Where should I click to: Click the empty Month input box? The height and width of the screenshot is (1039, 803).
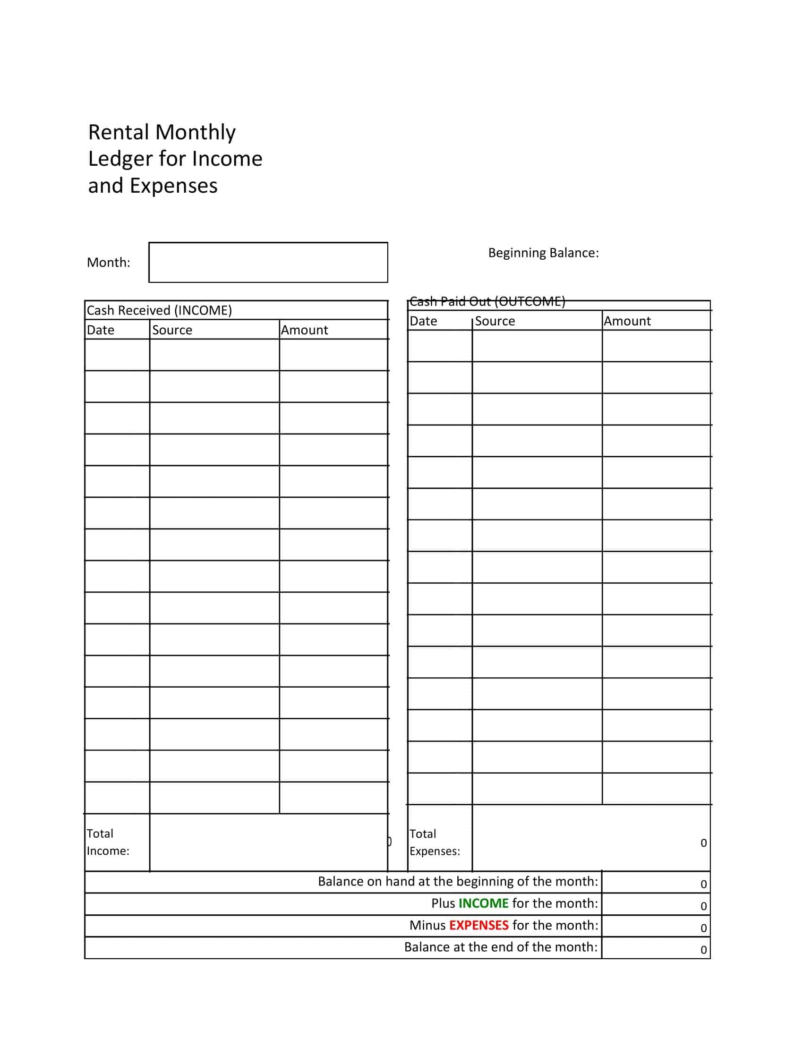(x=268, y=262)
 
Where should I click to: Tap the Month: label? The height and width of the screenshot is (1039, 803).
(x=109, y=263)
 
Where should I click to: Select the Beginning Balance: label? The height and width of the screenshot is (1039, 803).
(x=543, y=253)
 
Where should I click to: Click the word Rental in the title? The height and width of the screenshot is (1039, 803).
(x=119, y=132)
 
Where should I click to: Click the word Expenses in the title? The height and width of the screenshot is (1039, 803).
(x=174, y=186)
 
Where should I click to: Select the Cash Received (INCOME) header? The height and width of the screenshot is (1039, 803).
(x=159, y=310)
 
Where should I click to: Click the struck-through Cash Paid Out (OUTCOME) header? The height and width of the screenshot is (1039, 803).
(x=487, y=302)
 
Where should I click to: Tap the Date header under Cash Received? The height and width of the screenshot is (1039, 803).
(x=100, y=330)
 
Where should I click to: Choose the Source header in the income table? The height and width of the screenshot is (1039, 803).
(x=172, y=330)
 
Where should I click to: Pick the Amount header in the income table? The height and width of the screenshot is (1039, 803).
(x=305, y=330)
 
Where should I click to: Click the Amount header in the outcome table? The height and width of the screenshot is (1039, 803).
(x=627, y=321)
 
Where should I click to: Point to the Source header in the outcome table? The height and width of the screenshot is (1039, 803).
(x=495, y=321)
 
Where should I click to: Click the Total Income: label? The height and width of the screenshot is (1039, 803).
(x=108, y=842)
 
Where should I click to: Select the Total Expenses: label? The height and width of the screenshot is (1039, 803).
(x=434, y=843)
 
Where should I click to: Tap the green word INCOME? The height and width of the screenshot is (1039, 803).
(x=483, y=903)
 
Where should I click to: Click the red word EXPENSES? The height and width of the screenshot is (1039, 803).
(x=478, y=925)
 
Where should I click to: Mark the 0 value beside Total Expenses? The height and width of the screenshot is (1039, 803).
(x=704, y=843)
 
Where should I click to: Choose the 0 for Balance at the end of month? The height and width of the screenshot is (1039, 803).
(x=704, y=950)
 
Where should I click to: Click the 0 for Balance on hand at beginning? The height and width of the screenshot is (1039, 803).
(x=704, y=885)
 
